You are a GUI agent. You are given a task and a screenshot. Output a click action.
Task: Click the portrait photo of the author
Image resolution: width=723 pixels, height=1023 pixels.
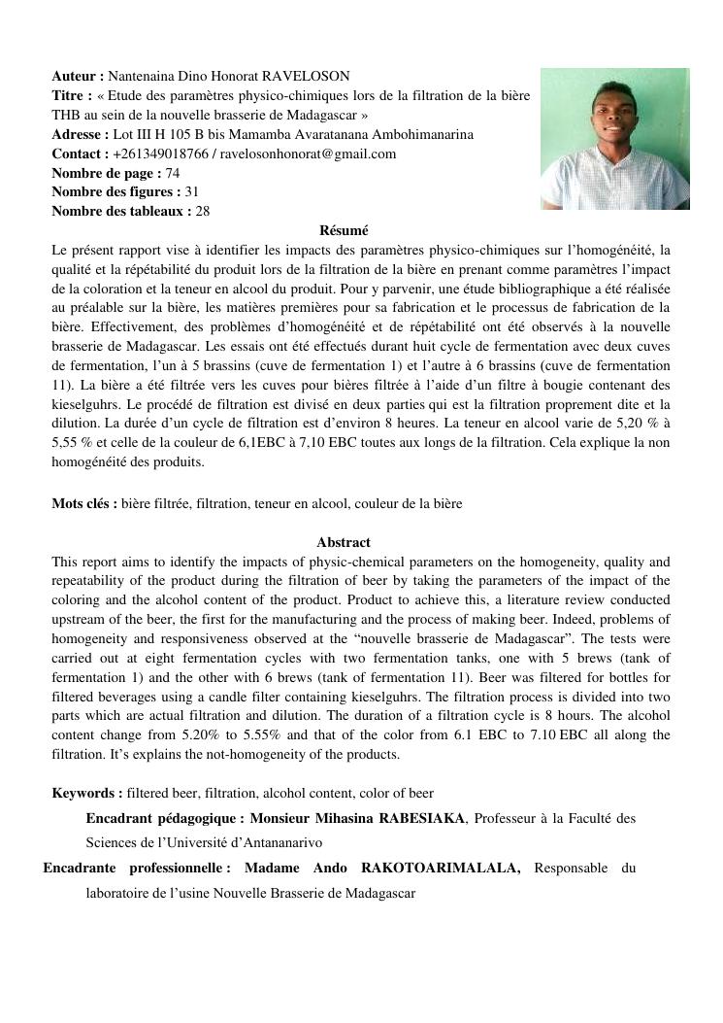614,139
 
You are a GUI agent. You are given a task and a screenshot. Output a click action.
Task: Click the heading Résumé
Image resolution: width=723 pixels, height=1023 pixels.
344,231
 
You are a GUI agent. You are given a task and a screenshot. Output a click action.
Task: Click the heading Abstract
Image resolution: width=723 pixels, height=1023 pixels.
344,542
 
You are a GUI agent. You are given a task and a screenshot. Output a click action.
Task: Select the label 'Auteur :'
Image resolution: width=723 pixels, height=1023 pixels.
78,76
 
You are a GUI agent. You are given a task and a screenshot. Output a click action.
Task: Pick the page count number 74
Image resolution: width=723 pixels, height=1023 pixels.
173,173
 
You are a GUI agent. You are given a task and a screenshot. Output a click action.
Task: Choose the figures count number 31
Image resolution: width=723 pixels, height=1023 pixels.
192,192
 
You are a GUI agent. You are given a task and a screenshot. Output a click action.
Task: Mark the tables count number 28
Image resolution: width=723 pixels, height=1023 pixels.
203,211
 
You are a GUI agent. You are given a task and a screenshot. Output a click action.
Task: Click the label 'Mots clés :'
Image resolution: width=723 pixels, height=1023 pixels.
84,503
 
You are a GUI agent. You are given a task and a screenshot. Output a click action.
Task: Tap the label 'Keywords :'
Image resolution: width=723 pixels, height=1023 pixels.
87,794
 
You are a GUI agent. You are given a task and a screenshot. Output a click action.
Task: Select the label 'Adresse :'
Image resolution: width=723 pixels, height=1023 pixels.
81,134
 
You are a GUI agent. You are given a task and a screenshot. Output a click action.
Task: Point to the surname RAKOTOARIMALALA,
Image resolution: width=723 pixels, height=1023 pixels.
441,868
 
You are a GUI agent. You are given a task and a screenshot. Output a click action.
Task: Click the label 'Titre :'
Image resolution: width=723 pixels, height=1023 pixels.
73,95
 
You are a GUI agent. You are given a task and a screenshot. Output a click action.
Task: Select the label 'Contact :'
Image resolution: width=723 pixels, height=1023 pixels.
81,153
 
